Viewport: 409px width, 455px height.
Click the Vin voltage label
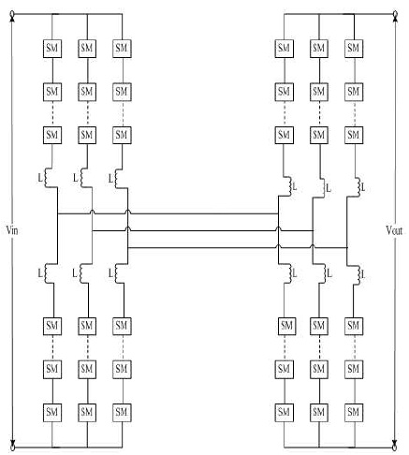coord(12,230)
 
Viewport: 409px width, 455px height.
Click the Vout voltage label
coord(394,230)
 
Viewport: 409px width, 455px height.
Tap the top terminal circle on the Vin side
coord(12,14)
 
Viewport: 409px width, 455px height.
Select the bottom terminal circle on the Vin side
coord(12,448)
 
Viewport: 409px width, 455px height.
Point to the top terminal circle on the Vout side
coord(395,14)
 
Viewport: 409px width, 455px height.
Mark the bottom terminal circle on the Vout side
coord(395,448)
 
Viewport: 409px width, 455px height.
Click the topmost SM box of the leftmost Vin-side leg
coord(52,49)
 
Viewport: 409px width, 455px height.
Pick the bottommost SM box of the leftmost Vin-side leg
coord(52,413)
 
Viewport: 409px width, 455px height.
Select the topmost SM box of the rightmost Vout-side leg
coord(354,49)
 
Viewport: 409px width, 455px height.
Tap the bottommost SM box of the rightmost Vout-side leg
coord(354,413)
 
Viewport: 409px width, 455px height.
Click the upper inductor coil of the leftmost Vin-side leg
coord(47,178)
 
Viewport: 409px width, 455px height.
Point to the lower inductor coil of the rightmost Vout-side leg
coord(358,274)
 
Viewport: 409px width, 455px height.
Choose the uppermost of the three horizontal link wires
coord(168,213)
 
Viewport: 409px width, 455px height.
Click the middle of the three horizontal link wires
coord(202,230)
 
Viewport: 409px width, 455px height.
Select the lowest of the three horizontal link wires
coord(238,247)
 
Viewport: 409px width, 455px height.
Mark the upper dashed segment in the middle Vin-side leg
coord(87,114)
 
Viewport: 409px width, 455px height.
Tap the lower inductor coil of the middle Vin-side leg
coord(82,273)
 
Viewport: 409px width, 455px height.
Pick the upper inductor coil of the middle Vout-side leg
coord(323,187)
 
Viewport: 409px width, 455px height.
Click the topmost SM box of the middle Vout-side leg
coord(319,49)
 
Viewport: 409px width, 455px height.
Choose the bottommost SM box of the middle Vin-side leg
coord(87,413)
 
